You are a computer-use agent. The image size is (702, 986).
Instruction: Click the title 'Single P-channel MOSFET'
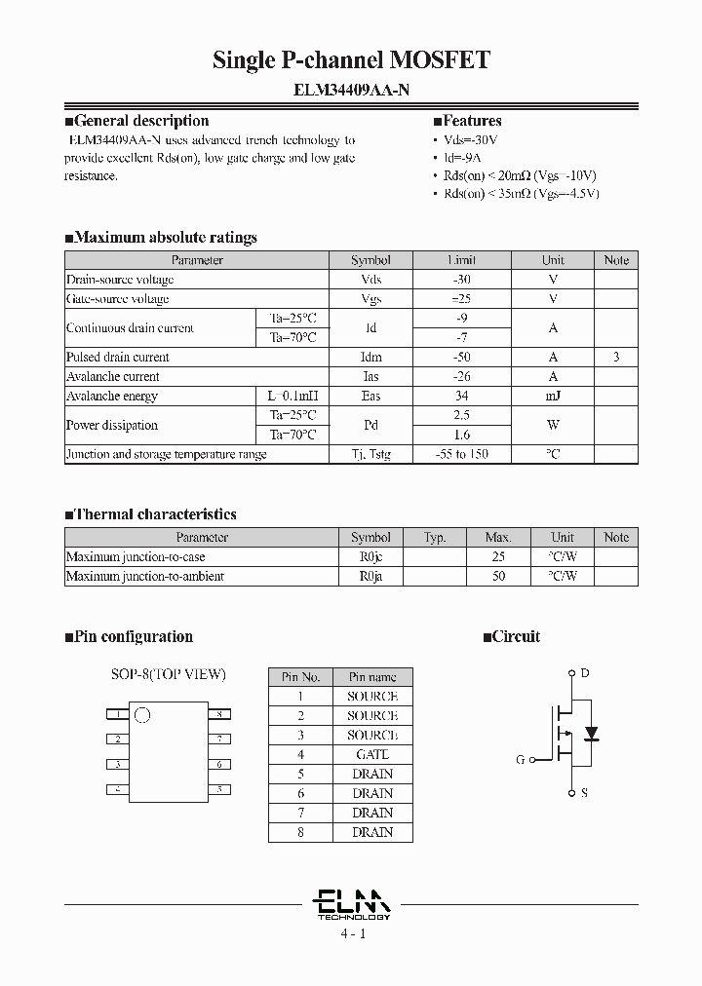tap(351, 60)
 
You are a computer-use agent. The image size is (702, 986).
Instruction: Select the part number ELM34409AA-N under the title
tap(351, 90)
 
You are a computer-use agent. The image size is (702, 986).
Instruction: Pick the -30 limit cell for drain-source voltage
tap(462, 280)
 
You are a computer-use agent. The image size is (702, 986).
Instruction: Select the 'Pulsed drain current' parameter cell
tap(118, 358)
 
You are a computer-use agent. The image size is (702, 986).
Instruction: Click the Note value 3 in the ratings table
tap(615, 358)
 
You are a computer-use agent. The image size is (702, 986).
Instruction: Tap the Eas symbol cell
tap(370, 396)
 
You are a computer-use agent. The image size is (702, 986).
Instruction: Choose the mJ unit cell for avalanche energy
tap(553, 396)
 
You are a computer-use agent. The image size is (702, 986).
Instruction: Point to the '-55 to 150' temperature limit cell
tap(462, 454)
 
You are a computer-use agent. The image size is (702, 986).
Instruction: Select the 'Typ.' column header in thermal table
tap(435, 537)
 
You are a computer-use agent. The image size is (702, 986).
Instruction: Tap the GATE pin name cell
tap(372, 754)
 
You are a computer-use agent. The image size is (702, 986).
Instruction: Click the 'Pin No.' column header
tap(300, 677)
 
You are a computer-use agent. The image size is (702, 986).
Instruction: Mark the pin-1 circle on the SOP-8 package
tap(142, 716)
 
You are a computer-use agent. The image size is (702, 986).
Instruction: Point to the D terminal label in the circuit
tap(584, 673)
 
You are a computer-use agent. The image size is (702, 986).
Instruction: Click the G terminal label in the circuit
tap(520, 760)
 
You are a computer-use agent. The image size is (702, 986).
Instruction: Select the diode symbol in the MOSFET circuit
tap(590, 732)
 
